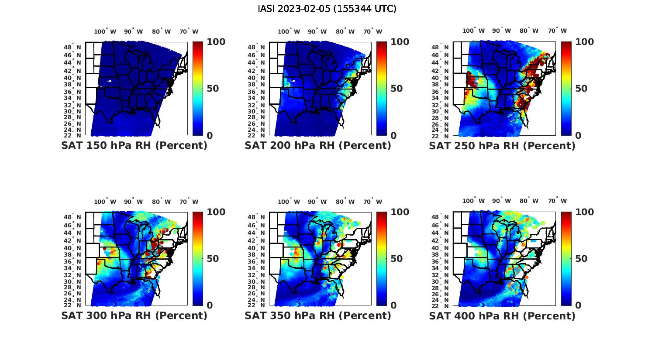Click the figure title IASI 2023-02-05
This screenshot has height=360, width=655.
click(327, 9)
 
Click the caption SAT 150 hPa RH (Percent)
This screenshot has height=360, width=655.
click(134, 146)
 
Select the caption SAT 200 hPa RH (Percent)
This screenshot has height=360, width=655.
click(318, 146)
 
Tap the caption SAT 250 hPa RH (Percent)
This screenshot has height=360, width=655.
click(502, 146)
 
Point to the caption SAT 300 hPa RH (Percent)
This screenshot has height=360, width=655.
click(134, 315)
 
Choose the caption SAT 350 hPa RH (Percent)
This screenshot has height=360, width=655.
click(318, 315)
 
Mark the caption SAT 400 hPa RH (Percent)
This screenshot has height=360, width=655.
click(502, 315)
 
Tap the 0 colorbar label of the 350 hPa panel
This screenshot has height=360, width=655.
click(393, 305)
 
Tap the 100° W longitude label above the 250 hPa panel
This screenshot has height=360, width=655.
click(473, 31)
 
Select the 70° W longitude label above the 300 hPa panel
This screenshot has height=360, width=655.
click(189, 202)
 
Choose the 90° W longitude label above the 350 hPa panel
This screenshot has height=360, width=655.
click(317, 202)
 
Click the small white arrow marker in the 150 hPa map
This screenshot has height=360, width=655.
click(109, 81)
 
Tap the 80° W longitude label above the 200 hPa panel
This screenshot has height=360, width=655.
click(345, 31)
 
